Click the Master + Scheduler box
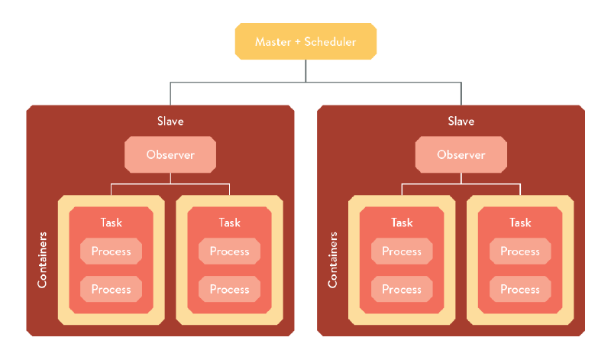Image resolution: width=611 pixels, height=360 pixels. (305, 42)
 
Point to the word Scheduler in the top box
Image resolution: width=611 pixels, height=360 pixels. (330, 42)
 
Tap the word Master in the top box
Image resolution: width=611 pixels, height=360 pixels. (272, 42)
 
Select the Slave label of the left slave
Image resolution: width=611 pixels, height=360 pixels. (170, 122)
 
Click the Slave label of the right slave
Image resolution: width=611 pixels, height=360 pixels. (461, 122)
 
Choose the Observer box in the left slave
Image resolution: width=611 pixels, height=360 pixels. (170, 155)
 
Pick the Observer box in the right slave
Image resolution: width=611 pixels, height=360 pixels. (461, 155)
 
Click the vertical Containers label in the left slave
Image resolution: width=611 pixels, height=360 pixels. (43, 260)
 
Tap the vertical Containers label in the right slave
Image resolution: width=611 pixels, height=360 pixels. (333, 260)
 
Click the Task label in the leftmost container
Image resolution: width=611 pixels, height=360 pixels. (111, 222)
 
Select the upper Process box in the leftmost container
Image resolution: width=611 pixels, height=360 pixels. (111, 251)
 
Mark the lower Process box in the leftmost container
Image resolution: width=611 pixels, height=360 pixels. (111, 290)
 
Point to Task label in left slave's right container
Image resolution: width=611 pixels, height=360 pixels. (229, 222)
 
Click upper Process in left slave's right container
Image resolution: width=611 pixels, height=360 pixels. (229, 251)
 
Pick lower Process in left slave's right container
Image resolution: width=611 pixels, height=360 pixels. (229, 290)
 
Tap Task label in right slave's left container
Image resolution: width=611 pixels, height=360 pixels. (402, 222)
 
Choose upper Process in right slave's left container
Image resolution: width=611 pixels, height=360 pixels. (402, 251)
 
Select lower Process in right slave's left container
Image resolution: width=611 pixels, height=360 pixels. (402, 290)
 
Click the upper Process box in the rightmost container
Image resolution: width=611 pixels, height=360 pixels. (520, 251)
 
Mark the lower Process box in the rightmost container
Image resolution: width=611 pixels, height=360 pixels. (520, 290)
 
